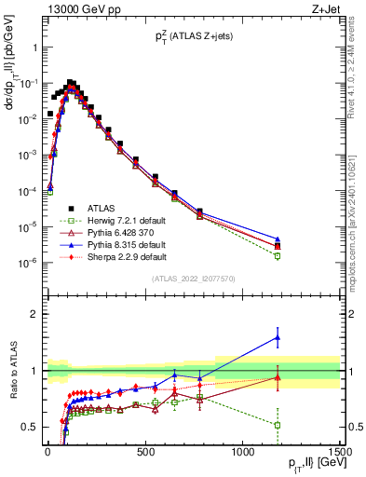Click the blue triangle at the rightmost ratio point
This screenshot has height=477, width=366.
(278, 337)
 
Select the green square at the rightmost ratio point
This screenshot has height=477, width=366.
(278, 425)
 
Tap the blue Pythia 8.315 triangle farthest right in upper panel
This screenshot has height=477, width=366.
(278, 239)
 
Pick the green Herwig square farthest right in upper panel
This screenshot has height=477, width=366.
(278, 255)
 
